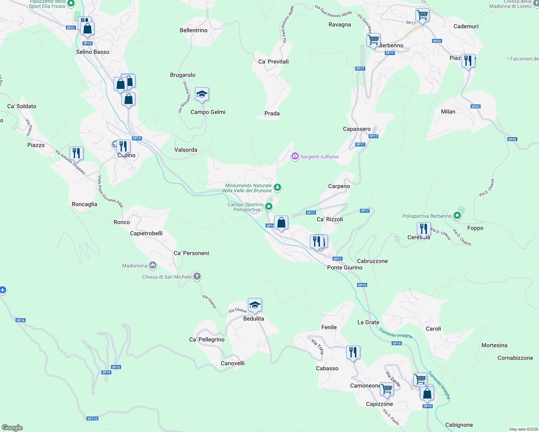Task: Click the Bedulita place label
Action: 254,319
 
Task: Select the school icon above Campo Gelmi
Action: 202,94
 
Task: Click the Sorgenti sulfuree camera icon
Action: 295,156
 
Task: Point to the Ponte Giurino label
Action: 345,267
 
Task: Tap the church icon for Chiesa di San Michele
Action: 197,276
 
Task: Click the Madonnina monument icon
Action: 153,266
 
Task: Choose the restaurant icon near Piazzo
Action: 76,153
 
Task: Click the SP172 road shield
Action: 92,419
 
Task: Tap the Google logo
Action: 12,428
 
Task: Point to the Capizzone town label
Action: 379,404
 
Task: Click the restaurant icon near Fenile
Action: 353,352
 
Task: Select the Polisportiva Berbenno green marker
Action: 457,216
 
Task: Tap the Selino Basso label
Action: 93,52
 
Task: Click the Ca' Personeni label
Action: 191,253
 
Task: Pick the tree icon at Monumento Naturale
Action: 277,187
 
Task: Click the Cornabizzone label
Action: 515,358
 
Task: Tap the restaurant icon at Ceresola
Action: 424,229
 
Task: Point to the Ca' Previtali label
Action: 273,62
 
